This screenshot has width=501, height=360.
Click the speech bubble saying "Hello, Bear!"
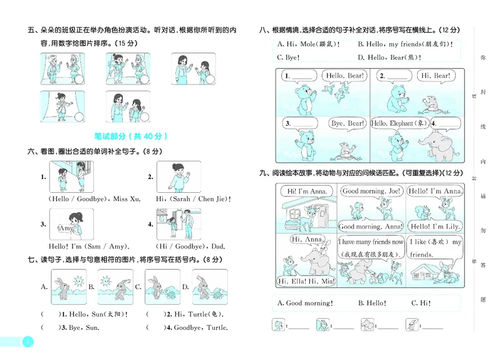[344, 76]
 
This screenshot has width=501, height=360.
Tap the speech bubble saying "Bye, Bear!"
[347, 124]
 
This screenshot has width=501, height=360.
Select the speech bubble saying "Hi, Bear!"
[434, 76]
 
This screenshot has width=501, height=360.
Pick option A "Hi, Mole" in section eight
[307, 44]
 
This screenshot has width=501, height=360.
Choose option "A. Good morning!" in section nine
[306, 304]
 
